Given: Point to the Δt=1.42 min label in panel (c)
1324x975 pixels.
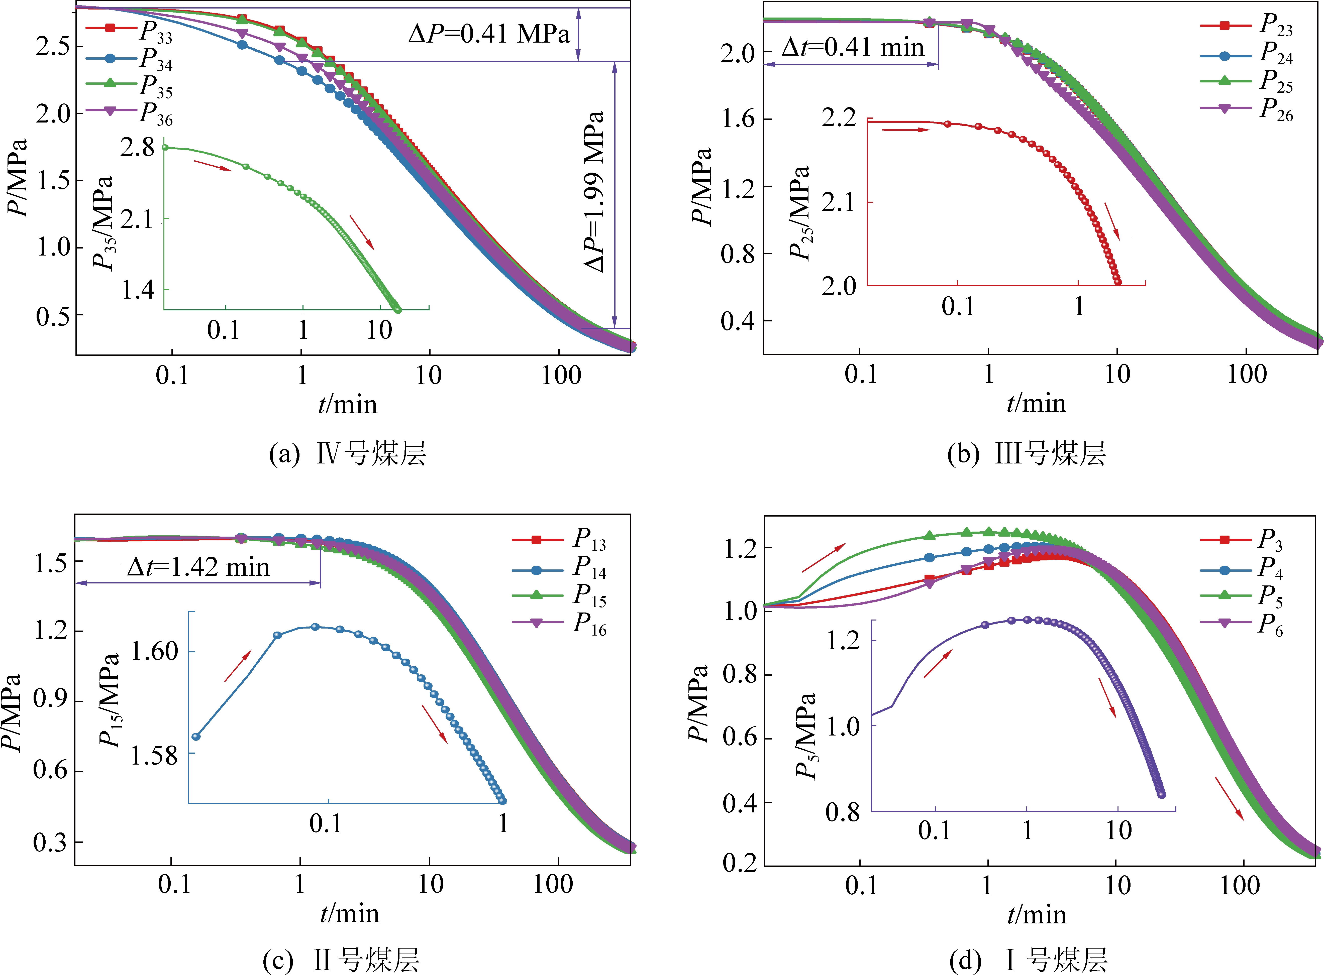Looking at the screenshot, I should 198,567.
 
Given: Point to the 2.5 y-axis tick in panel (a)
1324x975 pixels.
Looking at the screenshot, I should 52,47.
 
